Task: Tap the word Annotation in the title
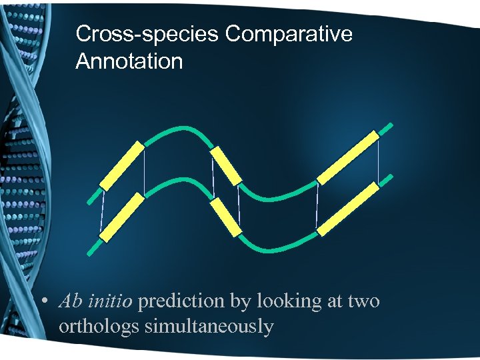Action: [129, 61]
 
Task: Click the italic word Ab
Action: [70, 301]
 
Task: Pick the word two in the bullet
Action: [364, 302]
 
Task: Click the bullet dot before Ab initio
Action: [43, 302]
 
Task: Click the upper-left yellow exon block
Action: [122, 165]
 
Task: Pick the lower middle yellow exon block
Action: [225, 217]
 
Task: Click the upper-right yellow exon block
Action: [348, 157]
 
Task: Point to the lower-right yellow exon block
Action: [348, 209]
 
